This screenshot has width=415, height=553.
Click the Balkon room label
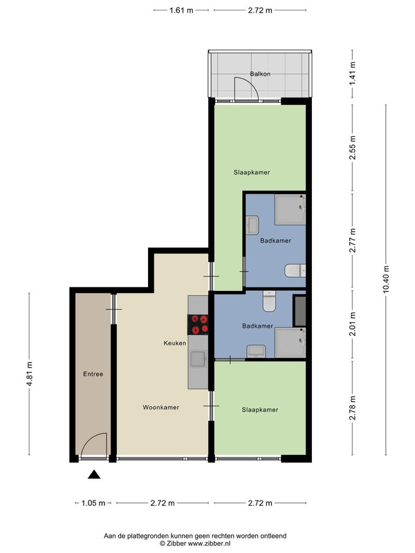pos(260,74)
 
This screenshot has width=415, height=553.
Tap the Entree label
pos(93,374)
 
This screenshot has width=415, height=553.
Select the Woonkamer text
pos(161,407)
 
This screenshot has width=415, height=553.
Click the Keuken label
pos(175,343)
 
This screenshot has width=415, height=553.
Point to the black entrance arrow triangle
pos(94,475)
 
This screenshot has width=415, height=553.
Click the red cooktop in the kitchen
pos(198,324)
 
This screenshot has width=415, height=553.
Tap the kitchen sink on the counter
pos(199,359)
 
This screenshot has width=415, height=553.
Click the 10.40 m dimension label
pos(386,279)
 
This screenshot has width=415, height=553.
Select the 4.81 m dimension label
pos(29,374)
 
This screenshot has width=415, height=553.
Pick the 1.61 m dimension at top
pos(181,10)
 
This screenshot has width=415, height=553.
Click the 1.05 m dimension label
pos(93,503)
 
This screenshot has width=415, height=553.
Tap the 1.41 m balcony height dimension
pos(352,74)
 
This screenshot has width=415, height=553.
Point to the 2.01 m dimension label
pos(352,324)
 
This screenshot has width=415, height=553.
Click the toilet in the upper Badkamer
pos(295,270)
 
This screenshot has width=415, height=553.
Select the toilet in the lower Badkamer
pos(269,301)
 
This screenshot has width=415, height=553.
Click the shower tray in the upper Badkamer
pos(290,209)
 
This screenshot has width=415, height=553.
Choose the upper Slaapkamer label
pos(252,172)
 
